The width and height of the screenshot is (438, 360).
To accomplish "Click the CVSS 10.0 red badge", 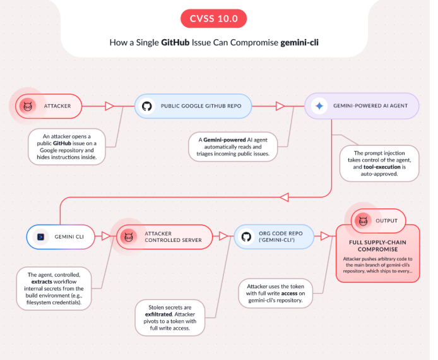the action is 214,18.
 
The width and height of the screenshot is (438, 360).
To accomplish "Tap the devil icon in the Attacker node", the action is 28,106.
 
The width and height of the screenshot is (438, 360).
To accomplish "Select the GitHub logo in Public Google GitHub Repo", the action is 146,106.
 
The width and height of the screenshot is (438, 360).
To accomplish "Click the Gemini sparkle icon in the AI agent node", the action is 319,106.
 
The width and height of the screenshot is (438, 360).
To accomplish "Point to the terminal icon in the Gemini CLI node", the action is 41,237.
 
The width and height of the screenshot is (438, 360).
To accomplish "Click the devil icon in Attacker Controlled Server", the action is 129,237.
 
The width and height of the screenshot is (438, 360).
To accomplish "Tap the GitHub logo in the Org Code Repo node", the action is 246,237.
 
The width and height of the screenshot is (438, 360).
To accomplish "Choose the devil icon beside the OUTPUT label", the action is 363,221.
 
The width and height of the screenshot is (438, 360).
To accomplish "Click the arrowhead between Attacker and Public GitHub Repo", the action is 110,106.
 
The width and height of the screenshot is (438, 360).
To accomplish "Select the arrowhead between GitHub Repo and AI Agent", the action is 280,106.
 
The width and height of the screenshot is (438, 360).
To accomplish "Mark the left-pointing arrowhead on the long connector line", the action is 285,197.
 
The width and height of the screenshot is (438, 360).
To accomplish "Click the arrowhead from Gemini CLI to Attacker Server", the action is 106,236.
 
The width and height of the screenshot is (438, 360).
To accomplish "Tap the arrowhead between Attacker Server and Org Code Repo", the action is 223,236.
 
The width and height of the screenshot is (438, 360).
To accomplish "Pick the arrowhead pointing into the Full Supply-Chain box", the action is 325,236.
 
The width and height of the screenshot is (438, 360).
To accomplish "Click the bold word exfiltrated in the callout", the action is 158,315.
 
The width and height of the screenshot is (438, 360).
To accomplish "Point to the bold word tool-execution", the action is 382,167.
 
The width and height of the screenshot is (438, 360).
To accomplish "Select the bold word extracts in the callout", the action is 42,282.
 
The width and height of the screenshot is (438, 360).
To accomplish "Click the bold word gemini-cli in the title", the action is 299,42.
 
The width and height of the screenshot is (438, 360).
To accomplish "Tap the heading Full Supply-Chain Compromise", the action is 377,246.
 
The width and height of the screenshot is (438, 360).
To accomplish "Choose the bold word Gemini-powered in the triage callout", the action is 225,140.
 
